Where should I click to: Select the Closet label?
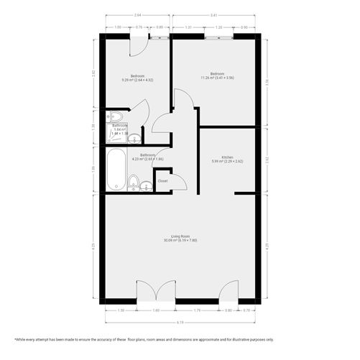point(162,181)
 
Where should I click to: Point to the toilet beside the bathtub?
point(134,182)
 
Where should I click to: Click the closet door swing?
point(178,181)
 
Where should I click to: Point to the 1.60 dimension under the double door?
point(157,310)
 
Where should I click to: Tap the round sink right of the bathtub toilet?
point(147,187)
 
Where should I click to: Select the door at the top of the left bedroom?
point(137,45)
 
